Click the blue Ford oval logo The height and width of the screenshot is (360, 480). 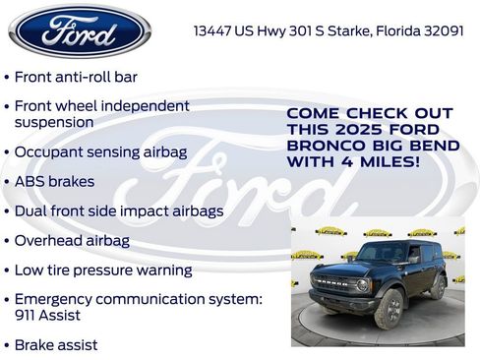point(80,30)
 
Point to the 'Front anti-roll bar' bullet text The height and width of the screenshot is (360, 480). point(76,77)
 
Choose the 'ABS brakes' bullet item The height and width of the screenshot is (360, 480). point(55,182)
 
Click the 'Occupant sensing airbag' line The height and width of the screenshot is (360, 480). point(100,152)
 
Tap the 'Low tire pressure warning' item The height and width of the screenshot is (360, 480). point(103,270)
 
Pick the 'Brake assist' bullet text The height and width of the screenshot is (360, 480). point(56,345)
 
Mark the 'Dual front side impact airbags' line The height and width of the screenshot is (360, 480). point(119,210)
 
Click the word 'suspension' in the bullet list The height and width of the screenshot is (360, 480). point(54,122)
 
